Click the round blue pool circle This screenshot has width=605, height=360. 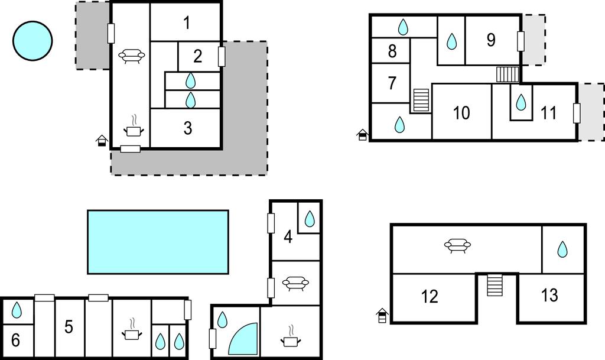tap(32, 41)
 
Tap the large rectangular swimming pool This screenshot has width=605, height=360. tap(158, 242)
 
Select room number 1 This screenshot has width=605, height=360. tap(187, 23)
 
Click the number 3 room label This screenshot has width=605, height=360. tap(188, 128)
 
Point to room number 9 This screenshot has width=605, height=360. tap(491, 40)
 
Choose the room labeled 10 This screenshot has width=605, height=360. tap(461, 113)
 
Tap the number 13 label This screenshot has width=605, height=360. tap(549, 295)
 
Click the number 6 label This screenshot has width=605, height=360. tap(15, 340)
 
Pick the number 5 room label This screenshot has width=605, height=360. tap(69, 326)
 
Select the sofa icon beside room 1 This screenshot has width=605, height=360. tap(132, 56)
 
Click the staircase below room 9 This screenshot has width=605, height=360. tap(508, 74)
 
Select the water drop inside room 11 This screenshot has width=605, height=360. tap(521, 102)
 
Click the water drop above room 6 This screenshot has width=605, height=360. tap(17, 310)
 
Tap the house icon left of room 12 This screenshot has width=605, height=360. tap(382, 316)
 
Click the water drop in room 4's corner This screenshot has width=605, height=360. tap(310, 219)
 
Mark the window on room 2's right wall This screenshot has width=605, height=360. tap(222, 56)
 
